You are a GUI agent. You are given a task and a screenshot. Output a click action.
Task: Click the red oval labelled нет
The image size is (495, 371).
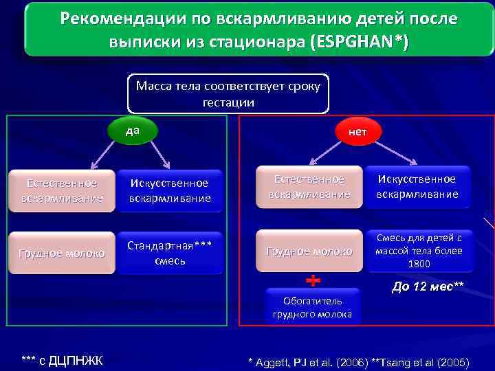357,131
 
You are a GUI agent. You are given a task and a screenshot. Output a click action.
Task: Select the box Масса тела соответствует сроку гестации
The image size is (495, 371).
228,94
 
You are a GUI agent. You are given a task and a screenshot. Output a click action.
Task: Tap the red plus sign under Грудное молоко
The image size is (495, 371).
312,280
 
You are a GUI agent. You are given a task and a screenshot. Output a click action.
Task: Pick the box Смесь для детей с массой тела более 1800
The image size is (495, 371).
419,251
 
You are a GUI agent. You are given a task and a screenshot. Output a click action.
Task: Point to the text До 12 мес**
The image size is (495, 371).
428,286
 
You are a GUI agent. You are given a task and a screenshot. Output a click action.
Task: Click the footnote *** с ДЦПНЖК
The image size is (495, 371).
62,360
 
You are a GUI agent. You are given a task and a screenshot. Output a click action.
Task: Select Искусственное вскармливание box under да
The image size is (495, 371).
170,190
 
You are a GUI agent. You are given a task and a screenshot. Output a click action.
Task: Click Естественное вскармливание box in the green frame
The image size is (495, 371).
62,190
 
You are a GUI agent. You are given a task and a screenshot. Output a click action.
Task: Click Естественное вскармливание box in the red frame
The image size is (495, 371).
309,186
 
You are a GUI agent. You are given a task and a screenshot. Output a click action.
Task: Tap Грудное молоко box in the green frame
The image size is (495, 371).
62,253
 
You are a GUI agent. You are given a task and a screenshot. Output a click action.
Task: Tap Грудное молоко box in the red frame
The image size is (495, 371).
309,251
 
